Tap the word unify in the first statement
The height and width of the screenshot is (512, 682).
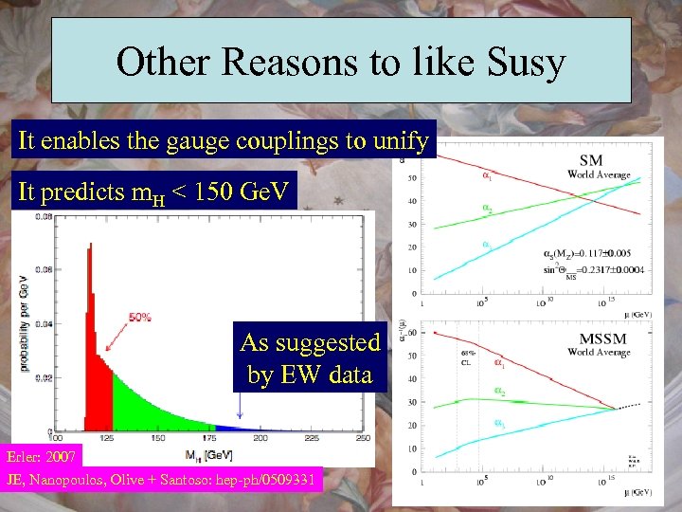[x=402, y=141]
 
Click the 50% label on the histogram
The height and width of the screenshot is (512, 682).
[x=139, y=318]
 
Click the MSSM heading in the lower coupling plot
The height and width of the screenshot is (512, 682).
[x=599, y=338]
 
